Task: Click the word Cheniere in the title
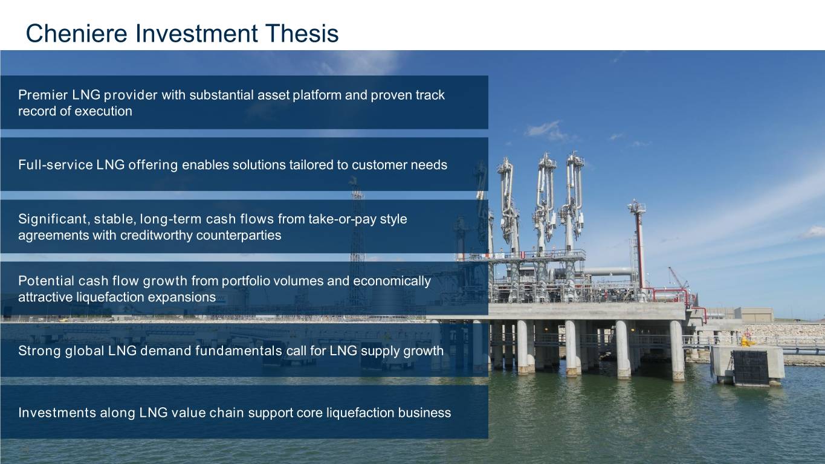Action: coord(77,33)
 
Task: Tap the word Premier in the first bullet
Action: coord(43,95)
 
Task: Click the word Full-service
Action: coord(56,164)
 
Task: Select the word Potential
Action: coord(47,281)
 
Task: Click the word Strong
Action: coord(40,350)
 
